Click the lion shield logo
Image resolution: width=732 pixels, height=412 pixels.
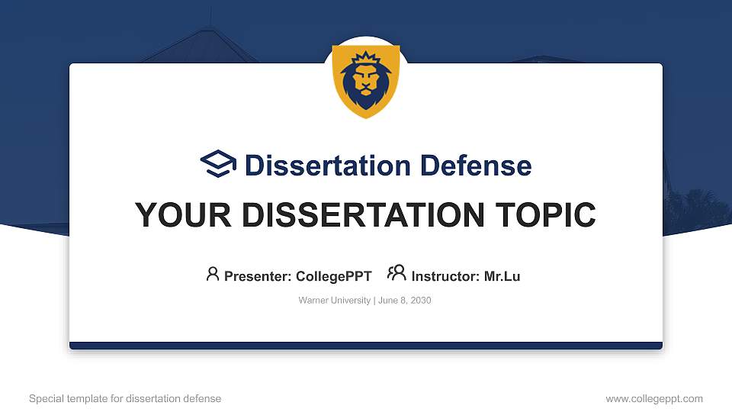(x=366, y=82)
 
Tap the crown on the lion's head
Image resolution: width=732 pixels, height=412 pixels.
(x=366, y=58)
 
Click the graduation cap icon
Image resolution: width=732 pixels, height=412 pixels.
(x=218, y=164)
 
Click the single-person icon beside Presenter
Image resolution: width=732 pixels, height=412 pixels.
(x=213, y=274)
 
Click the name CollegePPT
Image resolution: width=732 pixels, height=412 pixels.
(x=333, y=276)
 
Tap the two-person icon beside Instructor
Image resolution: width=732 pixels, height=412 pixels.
(x=396, y=274)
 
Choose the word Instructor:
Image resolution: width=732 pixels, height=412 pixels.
(x=445, y=276)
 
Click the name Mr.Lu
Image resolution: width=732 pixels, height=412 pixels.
(x=502, y=276)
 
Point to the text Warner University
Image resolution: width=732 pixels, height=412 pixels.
(x=334, y=301)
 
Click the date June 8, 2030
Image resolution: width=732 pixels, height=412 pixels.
(x=404, y=301)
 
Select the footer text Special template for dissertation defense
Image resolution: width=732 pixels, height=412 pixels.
(x=125, y=398)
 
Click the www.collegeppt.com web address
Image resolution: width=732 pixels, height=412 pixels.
(x=654, y=398)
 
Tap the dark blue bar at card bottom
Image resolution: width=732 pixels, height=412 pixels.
(x=366, y=346)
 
